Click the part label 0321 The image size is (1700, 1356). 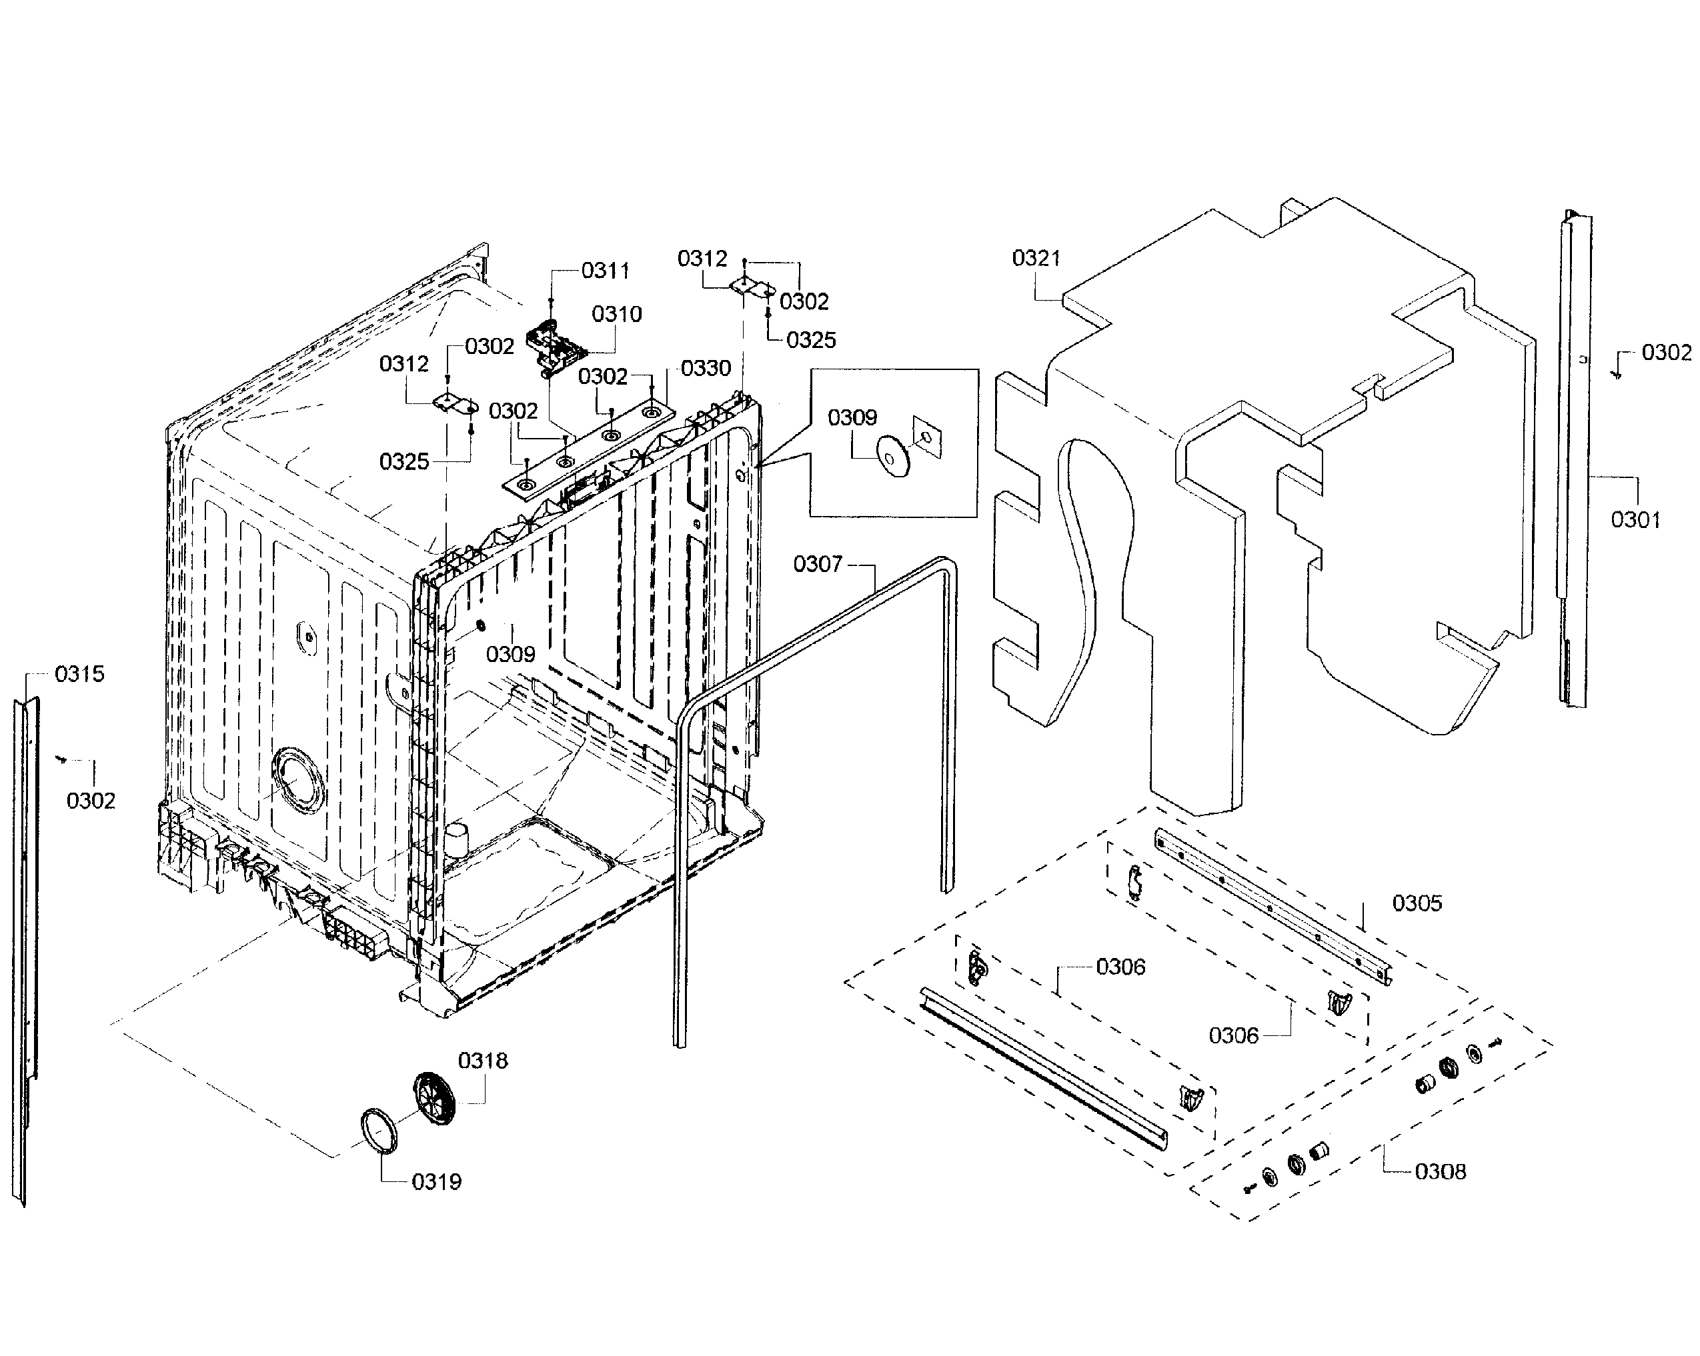pyautogui.click(x=1036, y=259)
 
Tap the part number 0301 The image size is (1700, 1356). pyautogui.click(x=1635, y=520)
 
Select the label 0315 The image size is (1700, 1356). pyautogui.click(x=79, y=674)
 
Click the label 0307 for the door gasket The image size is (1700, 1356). pyautogui.click(x=818, y=565)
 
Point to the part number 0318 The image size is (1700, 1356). pyautogui.click(x=483, y=1061)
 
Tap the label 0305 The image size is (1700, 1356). pyautogui.click(x=1417, y=903)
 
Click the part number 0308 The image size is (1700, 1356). pyautogui.click(x=1440, y=1172)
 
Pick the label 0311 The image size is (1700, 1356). pyautogui.click(x=606, y=271)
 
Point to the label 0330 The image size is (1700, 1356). pyautogui.click(x=706, y=368)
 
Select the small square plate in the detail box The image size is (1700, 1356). pyautogui.click(x=926, y=437)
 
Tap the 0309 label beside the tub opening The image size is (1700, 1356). pyautogui.click(x=510, y=655)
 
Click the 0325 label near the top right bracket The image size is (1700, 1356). pyautogui.click(x=812, y=341)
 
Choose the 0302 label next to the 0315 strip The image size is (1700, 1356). pyautogui.click(x=91, y=801)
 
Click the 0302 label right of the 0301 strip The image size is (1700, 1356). pyautogui.click(x=1666, y=353)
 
